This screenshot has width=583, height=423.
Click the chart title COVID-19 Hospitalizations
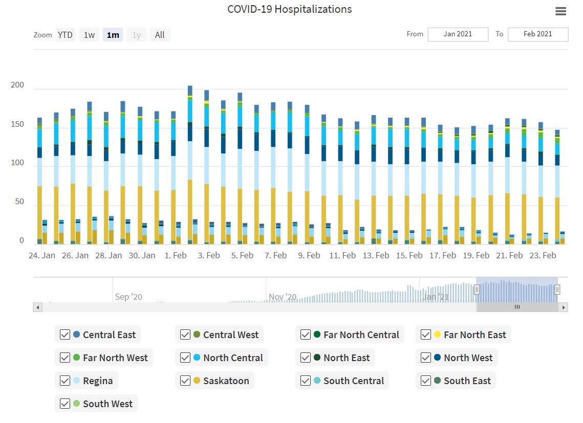289,9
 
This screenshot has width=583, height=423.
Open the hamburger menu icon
560,11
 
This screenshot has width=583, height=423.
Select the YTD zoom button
65,35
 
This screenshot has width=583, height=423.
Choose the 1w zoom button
89,35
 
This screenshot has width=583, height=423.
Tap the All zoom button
160,35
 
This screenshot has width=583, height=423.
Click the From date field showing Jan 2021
458,34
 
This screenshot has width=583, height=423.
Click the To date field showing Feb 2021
537,34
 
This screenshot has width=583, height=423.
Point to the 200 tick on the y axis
17,85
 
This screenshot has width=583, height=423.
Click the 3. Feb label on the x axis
209,255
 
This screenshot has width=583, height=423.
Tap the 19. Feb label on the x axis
476,255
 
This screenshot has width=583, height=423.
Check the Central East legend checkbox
65,335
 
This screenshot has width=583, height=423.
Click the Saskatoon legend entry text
226,381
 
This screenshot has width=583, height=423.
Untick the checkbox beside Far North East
426,335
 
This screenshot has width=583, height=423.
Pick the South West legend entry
107,404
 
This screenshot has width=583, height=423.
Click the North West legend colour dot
437,358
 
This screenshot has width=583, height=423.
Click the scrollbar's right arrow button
564,307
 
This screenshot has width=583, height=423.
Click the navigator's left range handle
477,290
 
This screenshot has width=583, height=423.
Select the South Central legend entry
353,381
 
